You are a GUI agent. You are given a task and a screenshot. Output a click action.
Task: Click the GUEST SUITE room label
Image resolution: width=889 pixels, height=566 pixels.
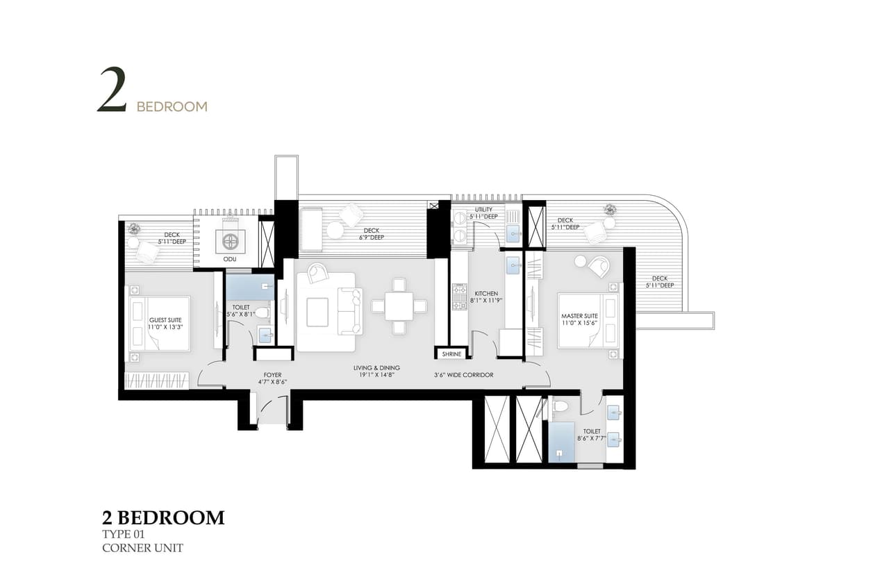point(165,324)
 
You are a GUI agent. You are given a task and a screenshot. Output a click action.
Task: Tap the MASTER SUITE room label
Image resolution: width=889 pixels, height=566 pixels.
point(579,320)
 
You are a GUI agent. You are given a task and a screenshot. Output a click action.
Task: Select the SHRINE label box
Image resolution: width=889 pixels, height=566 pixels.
point(451,354)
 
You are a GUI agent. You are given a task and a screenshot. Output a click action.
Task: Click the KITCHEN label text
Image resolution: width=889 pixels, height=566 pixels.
point(487,297)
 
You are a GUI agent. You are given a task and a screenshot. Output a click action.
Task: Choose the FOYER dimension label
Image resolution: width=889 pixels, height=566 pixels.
point(272,378)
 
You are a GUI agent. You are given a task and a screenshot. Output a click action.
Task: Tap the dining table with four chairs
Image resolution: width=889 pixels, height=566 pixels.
point(399,306)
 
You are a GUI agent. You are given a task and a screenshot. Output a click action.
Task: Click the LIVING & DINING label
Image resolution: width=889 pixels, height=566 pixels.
point(376,372)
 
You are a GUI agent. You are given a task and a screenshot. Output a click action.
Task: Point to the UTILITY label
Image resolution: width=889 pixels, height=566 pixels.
point(483,213)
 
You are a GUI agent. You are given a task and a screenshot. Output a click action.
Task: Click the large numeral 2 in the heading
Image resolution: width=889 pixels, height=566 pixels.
point(112,90)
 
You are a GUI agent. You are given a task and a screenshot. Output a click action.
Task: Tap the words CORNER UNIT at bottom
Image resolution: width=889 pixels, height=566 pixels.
point(142,548)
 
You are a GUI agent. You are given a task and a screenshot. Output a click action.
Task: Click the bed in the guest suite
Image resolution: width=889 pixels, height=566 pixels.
point(160,322)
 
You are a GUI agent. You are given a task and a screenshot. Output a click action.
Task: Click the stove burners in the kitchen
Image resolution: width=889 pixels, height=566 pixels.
point(458,297)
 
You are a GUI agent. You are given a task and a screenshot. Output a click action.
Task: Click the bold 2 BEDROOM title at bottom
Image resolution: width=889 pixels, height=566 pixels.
point(163,517)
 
